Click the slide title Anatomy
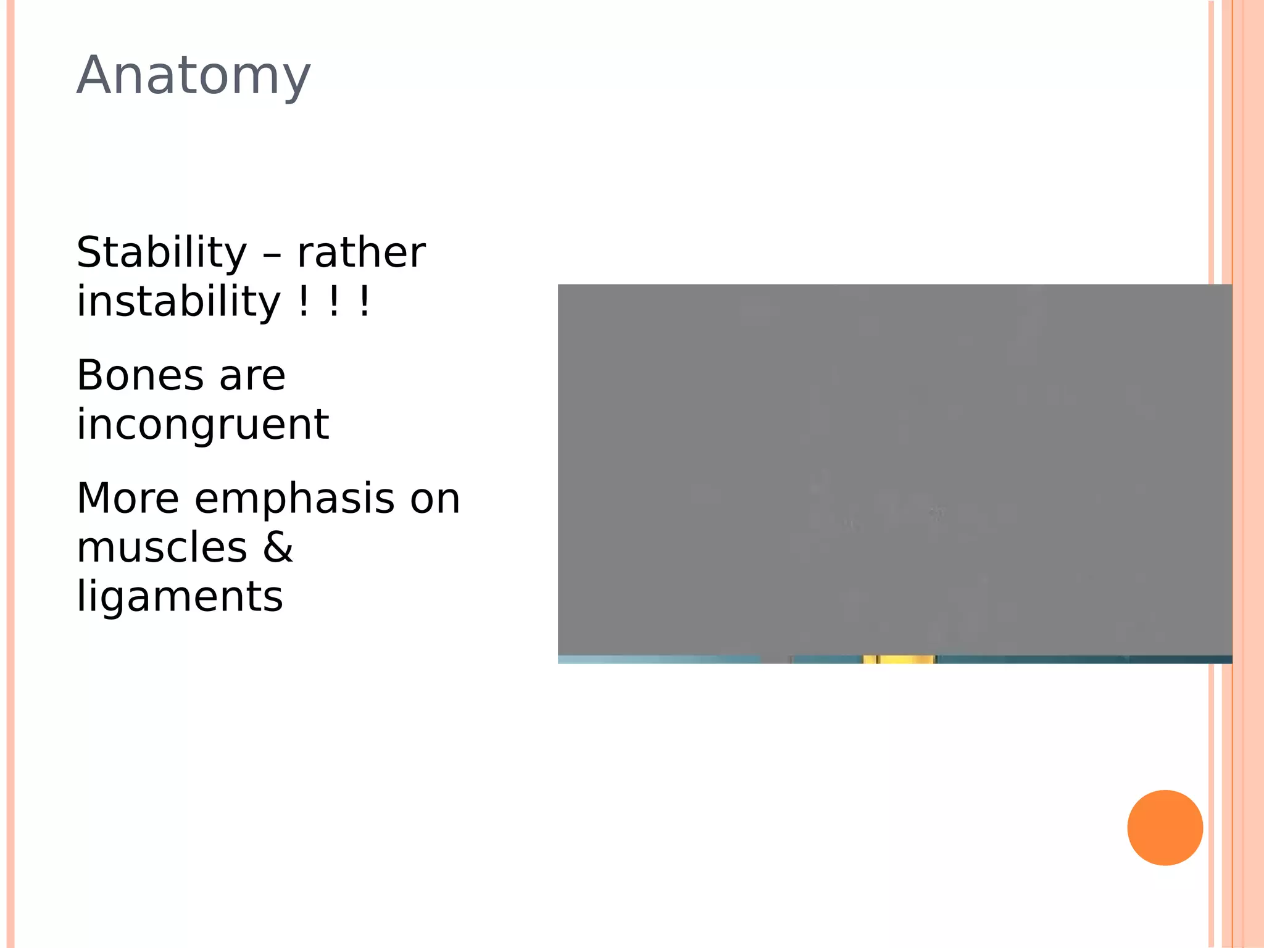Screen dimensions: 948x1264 193,76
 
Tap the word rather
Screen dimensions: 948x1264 361,253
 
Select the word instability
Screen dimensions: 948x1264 179,302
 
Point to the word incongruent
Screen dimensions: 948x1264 202,425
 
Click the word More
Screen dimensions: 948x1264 128,499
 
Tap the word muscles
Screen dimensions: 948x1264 162,548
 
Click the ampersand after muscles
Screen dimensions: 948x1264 278,548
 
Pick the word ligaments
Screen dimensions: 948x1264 180,597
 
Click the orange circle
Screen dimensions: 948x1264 1165,828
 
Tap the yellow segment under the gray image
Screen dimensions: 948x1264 900,660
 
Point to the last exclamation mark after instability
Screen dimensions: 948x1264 365,302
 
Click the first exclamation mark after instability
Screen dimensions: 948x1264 303,302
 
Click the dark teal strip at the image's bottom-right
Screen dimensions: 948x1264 1179,660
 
